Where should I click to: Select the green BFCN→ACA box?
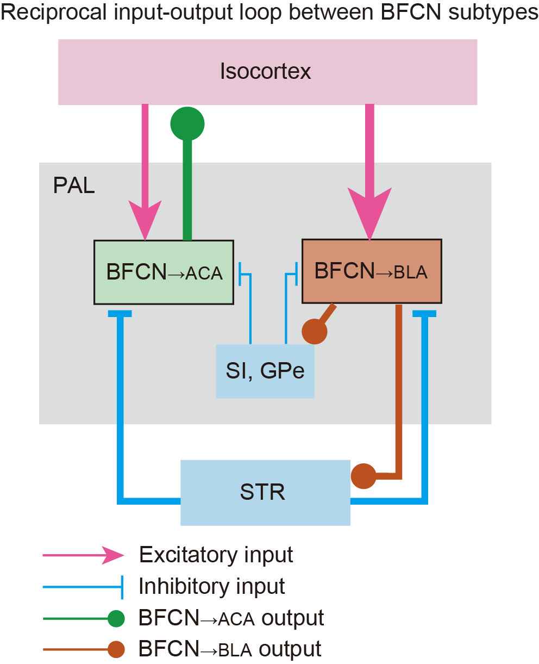[164, 272]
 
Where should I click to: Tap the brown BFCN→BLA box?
[372, 271]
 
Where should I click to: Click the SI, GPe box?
[265, 371]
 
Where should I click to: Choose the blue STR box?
[265, 492]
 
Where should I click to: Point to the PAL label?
[74, 186]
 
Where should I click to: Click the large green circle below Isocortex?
[187, 124]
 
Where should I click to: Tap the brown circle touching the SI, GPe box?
[315, 331]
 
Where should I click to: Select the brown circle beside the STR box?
[363, 476]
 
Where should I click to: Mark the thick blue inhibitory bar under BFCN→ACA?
[120, 314]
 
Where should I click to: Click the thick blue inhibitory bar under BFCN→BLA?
[424, 314]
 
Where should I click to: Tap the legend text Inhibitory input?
[212, 586]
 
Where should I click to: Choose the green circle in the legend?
[116, 618]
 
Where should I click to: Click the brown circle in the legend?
[116, 649]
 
